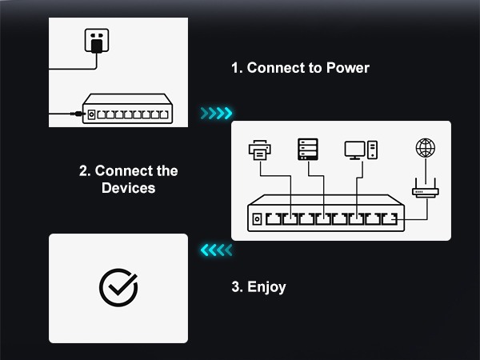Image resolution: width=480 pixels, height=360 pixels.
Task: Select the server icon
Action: coord(308,149)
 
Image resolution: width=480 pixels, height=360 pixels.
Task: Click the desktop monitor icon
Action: coord(354,150)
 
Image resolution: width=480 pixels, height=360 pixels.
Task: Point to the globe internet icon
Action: coord(426,149)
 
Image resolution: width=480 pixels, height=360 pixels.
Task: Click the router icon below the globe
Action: coord(426,191)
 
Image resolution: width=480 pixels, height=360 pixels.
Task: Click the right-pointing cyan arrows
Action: coord(216,114)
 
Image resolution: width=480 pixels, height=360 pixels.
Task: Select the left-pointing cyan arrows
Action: coord(216,250)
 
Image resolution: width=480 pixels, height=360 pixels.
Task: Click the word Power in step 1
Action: coord(348,68)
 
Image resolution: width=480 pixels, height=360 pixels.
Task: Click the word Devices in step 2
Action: coord(128,188)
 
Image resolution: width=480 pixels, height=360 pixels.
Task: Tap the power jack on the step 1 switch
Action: coord(91,114)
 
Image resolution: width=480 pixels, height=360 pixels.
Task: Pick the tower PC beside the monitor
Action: coord(372,150)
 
